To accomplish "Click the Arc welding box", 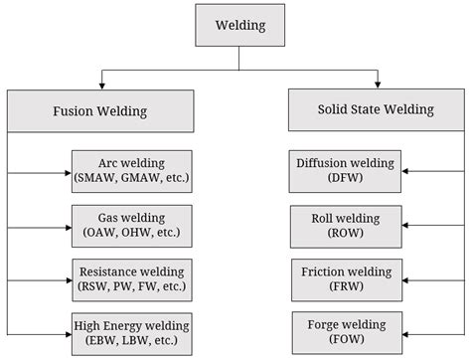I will (130, 169).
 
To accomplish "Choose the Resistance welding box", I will (130, 276).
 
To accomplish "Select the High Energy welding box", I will (130, 331).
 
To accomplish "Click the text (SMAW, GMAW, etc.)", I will (130, 177).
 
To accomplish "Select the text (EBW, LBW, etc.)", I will (130, 339).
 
